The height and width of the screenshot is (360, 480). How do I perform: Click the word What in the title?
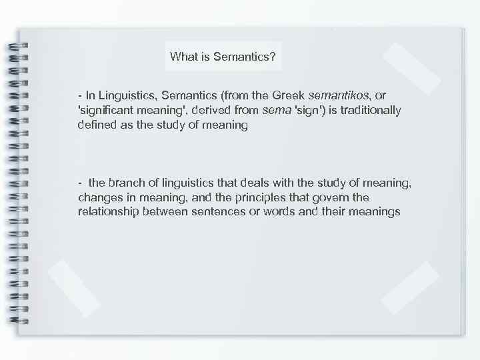[182, 57]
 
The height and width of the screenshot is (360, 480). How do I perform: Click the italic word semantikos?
[337, 96]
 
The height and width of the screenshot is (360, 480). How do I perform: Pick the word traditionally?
[369, 110]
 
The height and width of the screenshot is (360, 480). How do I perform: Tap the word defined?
[97, 125]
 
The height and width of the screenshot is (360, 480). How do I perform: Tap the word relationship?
[108, 212]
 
